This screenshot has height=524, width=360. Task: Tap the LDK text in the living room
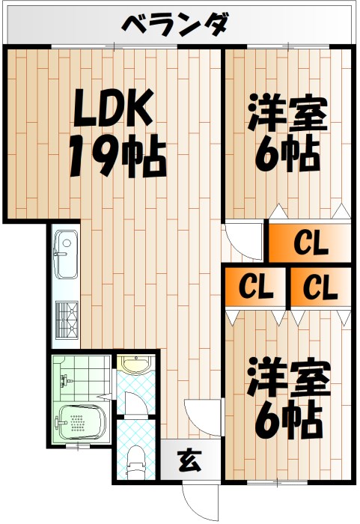pos(113,107)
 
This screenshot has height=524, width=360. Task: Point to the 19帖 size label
pos(118,155)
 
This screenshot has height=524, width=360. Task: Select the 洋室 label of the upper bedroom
pos(287,113)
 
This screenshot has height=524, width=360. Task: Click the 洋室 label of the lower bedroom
pos(289,377)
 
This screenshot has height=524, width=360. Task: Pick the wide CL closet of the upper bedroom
pos(310,243)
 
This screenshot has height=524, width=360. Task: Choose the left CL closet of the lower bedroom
pos(256,287)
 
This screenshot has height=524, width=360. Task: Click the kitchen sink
pos(66,254)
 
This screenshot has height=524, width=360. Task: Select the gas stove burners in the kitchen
pos(67,320)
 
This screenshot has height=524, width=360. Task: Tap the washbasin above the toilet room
pos(136,365)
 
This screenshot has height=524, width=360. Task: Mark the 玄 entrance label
pos(189,461)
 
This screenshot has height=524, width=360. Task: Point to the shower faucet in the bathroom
pos(66,380)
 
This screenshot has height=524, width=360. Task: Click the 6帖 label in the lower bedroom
pos(288,418)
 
